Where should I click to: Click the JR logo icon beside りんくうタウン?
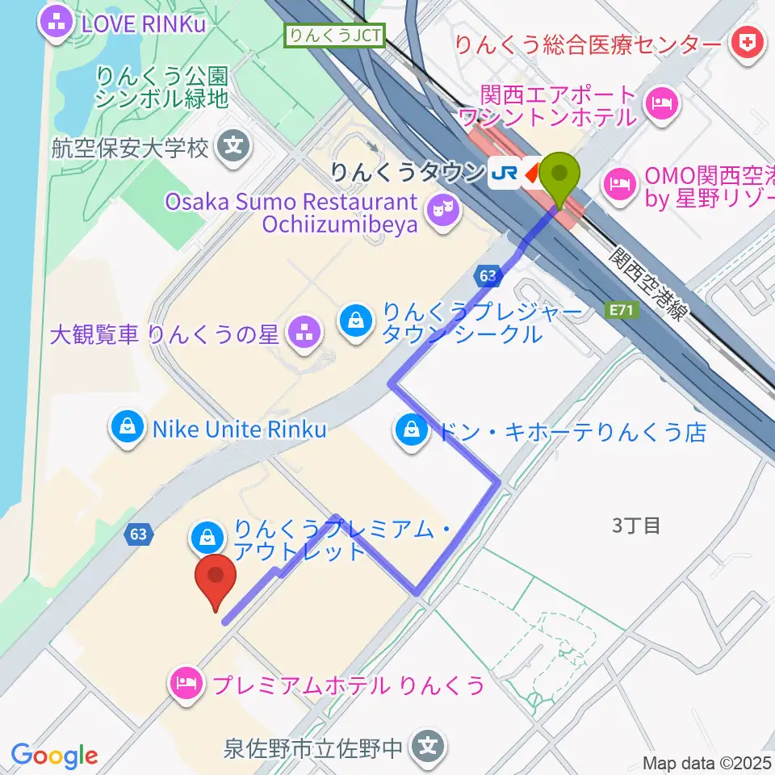point(505,172)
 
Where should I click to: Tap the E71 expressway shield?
point(619,309)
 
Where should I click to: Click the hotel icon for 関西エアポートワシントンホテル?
point(660,103)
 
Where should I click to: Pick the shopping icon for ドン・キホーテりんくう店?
point(412,429)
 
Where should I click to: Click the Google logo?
point(54,756)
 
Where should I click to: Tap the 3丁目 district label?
point(636,526)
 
